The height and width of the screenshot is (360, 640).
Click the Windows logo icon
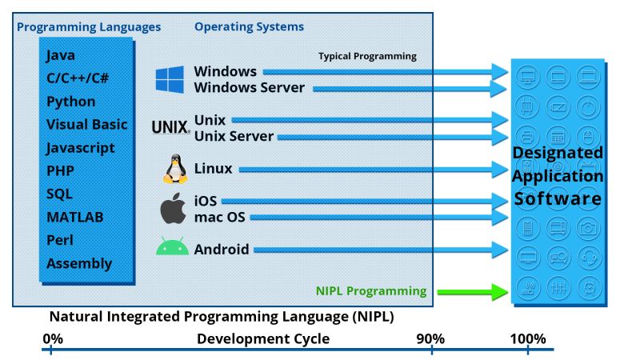pos(170,79)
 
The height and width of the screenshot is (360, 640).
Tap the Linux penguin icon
pos(174,170)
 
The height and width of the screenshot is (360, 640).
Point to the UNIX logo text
pos(170,126)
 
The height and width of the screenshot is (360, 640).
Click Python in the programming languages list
pos(70,102)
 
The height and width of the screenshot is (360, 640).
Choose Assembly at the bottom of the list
pos(79,263)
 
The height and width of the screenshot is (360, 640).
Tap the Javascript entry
pos(80,148)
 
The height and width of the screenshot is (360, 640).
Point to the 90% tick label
pos(430,338)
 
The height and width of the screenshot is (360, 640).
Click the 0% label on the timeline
pos(53,338)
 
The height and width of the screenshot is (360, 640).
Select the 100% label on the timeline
pos(528,338)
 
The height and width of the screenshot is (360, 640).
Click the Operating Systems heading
pos(249,26)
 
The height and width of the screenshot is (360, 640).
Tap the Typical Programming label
pos(367,56)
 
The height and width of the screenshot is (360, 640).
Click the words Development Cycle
pos(263,338)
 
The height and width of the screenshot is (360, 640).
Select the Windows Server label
pos(249,87)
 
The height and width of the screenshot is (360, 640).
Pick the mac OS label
pos(219,217)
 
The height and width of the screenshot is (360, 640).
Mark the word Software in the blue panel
pos(558,198)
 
